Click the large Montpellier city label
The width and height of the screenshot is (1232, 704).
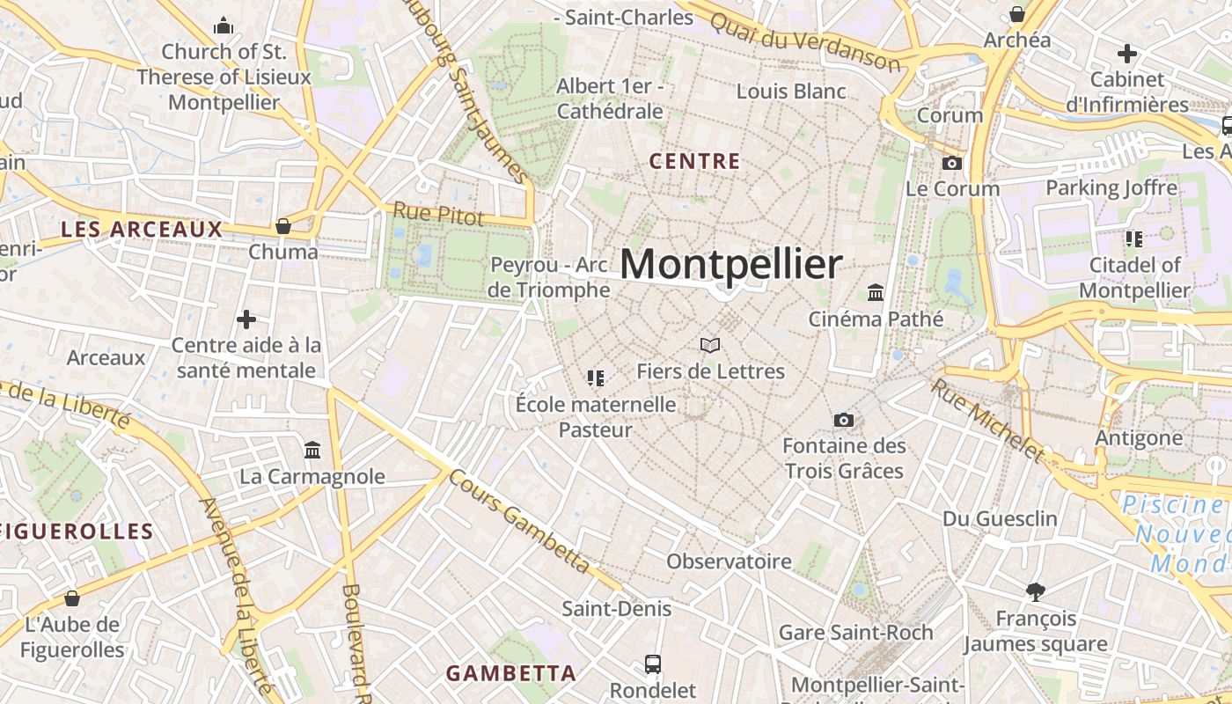point(731,264)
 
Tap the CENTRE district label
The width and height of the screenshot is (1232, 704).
point(694,162)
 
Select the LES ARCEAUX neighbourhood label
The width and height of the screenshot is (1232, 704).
point(142,230)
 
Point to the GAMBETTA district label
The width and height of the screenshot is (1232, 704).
point(510,673)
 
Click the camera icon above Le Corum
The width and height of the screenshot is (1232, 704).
point(951,163)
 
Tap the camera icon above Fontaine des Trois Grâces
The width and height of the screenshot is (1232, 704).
point(843,420)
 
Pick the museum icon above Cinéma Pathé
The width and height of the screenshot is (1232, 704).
point(876,292)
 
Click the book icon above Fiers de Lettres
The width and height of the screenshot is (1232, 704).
point(710,345)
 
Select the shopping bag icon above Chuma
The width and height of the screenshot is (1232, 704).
point(282,226)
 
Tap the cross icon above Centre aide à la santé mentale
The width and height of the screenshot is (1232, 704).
point(246,319)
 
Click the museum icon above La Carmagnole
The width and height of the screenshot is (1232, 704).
point(312,451)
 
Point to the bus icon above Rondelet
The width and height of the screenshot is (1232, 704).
point(653,664)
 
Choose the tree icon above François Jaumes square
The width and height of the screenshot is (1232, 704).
point(1035,591)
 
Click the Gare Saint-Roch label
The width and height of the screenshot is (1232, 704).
point(855,632)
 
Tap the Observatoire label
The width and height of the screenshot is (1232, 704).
point(729,561)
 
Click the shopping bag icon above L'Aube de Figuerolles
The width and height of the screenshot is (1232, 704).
point(72,598)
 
